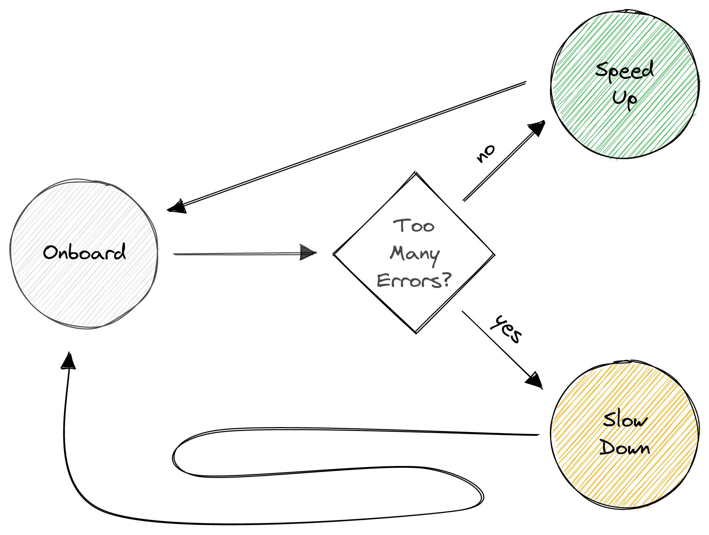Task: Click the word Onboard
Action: coord(84,252)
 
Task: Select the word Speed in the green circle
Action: coord(624,71)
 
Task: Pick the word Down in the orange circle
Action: coord(625,447)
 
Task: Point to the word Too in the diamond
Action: coord(414,226)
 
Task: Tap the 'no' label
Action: coord(485,154)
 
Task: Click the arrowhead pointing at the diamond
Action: coord(308,252)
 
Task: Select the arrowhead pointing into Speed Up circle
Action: coord(537,128)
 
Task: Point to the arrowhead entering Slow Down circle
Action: coord(535,381)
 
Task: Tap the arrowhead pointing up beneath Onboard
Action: coord(68,360)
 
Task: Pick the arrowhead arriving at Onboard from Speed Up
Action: coord(176,207)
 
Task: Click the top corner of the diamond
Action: coord(415,173)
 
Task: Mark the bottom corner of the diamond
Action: coord(416,333)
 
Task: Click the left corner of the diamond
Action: coord(334,254)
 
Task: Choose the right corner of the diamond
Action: coord(494,254)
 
